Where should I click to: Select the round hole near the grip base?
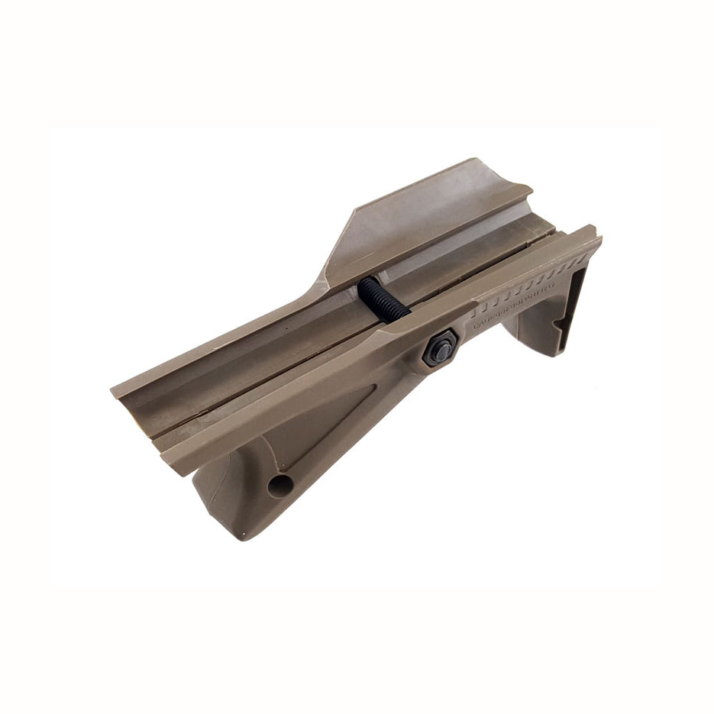[x=279, y=484]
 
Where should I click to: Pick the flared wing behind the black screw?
[x=428, y=221]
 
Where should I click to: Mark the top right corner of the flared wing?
[x=531, y=186]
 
